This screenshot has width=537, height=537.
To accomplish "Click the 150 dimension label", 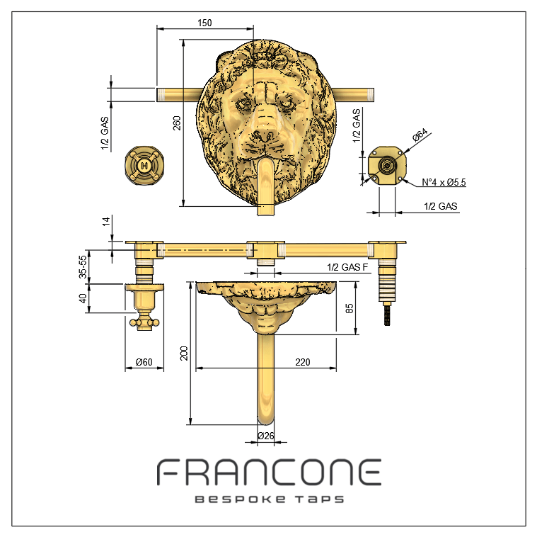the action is pos(204,23).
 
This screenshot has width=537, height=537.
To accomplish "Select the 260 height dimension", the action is pos(177,123).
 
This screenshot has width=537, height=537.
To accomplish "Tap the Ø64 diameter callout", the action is pos(420,135).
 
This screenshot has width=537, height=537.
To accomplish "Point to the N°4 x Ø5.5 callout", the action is pos(444,182).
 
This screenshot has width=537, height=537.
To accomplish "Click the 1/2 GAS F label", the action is pos(347,267).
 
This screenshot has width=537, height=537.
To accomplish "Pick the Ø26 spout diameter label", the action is pos(266,436).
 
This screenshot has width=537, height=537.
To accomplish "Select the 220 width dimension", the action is pos(303,362).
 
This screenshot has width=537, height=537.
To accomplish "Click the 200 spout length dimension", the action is pos(184,354).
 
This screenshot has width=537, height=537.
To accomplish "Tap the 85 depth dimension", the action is pos(349,308).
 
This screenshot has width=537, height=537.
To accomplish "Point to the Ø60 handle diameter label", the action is pos(144,362).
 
